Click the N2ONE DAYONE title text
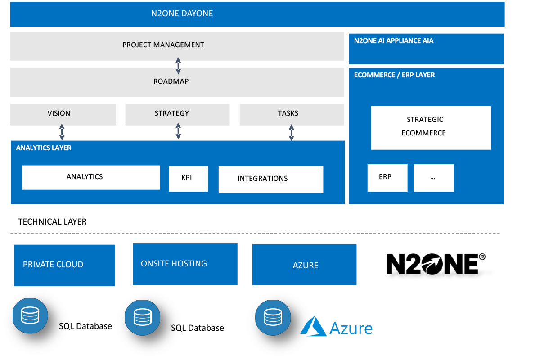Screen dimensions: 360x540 (x=182, y=13)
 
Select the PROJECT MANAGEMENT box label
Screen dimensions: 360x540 (x=163, y=45)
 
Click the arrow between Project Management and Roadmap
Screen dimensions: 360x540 (x=178, y=66)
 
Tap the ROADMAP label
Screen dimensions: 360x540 (x=171, y=81)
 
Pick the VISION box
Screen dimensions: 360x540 (x=63, y=114)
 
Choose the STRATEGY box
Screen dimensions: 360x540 (x=177, y=114)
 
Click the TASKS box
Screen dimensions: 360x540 (x=292, y=114)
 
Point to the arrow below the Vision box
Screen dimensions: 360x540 (x=62, y=132)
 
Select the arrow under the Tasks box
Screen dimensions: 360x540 (x=292, y=133)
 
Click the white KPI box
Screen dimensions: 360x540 (x=188, y=179)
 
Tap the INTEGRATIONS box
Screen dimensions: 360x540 (x=270, y=180)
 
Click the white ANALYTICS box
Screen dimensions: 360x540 (x=90, y=177)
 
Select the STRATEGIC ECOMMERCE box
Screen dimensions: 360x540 (x=431, y=127)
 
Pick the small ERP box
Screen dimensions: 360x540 (x=387, y=177)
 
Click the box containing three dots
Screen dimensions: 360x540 (x=433, y=177)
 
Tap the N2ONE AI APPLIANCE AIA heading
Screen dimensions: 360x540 (x=394, y=41)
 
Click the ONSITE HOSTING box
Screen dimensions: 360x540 (x=185, y=264)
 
